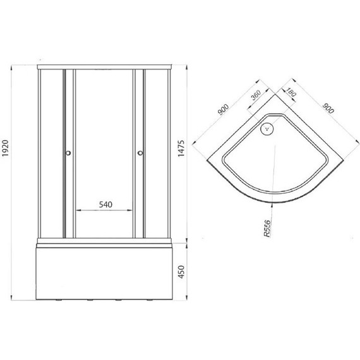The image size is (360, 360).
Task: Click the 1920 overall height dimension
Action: click(5, 148)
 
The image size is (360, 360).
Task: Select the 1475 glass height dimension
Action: click(181, 148)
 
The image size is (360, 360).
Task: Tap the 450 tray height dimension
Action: click(181, 272)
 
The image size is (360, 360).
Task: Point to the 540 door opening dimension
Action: click(105, 205)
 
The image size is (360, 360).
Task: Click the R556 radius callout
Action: click(268, 228)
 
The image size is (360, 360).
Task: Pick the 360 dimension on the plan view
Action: click(256, 95)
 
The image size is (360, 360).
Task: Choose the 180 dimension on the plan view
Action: click(291, 92)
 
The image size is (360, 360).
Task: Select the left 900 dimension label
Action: click(223, 109)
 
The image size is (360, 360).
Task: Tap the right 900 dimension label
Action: click(328, 108)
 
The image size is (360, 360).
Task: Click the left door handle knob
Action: click(68, 153)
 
